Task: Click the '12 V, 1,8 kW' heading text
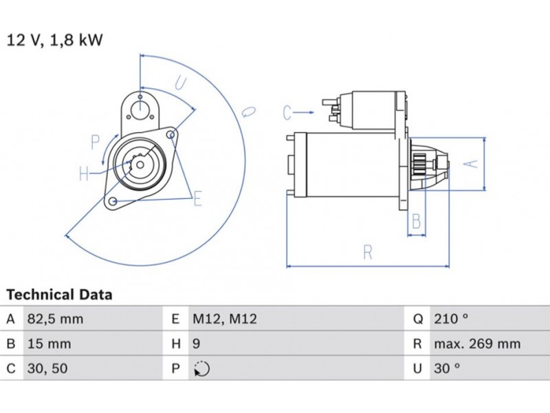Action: pyautogui.click(x=55, y=40)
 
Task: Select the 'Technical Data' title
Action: pyautogui.click(x=59, y=295)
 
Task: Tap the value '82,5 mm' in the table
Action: pyautogui.click(x=55, y=319)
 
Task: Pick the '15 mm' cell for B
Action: pyautogui.click(x=49, y=343)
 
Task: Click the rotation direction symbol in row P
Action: pyautogui.click(x=201, y=369)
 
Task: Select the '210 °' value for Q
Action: pyautogui.click(x=451, y=319)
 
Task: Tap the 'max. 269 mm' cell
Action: pyautogui.click(x=476, y=343)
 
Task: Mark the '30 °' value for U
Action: pyautogui.click(x=447, y=368)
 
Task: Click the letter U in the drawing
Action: pyautogui.click(x=180, y=84)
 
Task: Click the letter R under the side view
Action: pyautogui.click(x=368, y=253)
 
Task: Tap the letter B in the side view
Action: pyautogui.click(x=415, y=221)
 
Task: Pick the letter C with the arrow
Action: pyautogui.click(x=287, y=111)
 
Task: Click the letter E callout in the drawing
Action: pyautogui.click(x=197, y=200)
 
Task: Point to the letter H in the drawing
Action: pyautogui.click(x=83, y=173)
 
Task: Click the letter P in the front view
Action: pyautogui.click(x=96, y=142)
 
